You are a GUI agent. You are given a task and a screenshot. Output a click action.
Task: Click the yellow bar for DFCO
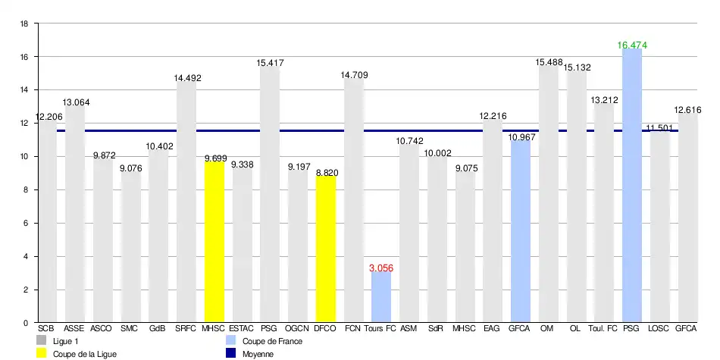[x=326, y=249]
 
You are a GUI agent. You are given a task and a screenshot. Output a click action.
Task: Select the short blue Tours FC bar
[x=381, y=297]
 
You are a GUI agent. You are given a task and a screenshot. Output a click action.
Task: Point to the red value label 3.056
[x=381, y=268]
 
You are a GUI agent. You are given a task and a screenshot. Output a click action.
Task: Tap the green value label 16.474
[x=632, y=45]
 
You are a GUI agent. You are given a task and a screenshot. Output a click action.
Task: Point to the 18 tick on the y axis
[x=23, y=24]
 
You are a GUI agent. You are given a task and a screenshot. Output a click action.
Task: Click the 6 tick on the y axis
[x=26, y=224]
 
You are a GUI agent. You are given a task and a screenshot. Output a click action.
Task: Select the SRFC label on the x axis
[x=186, y=329]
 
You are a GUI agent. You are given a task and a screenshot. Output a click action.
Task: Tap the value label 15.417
[x=270, y=63]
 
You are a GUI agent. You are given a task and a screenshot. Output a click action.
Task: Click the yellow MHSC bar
[x=214, y=242]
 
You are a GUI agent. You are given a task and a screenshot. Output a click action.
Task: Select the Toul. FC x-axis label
[x=603, y=329]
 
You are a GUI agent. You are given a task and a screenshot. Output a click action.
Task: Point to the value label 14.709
[x=353, y=74]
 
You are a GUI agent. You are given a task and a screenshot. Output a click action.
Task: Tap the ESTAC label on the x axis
[x=242, y=329]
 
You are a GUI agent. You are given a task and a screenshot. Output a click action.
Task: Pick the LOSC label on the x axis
[x=659, y=329]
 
